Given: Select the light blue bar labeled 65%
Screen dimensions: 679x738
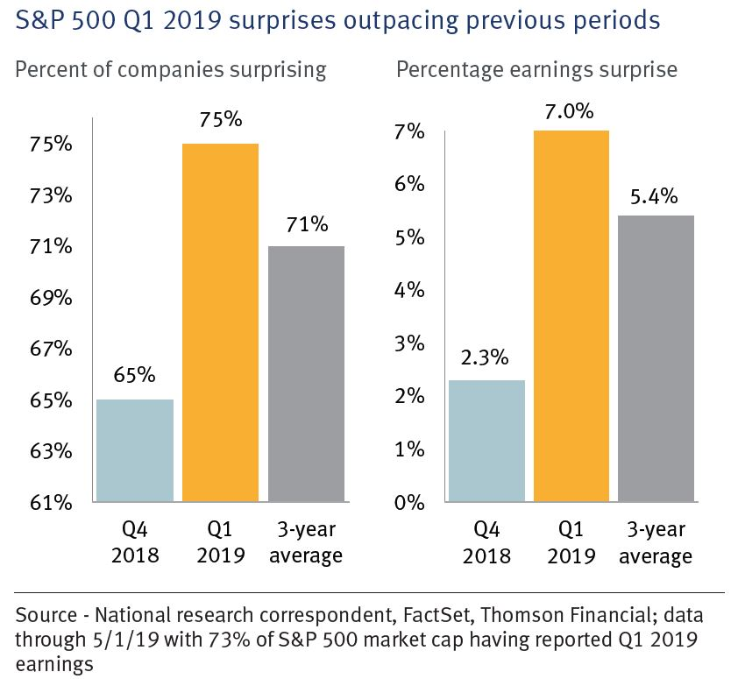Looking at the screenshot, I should click(134, 450).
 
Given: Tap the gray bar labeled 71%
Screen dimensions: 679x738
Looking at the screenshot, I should click(306, 374).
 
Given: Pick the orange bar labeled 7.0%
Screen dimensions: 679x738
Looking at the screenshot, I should click(571, 316).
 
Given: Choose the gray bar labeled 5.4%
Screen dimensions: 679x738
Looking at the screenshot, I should click(656, 358).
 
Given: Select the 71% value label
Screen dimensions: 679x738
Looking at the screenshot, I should click(306, 225).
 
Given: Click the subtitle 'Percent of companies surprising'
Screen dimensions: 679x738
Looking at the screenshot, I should click(171, 69).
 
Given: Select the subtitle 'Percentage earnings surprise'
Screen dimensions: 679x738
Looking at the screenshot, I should click(537, 69).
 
